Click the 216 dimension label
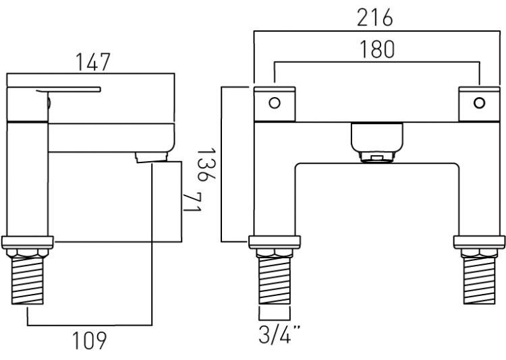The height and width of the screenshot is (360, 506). [x=375, y=18]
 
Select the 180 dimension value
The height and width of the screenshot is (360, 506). [x=376, y=49]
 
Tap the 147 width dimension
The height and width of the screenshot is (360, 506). [x=93, y=62]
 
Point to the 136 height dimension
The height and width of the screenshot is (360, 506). [x=206, y=164]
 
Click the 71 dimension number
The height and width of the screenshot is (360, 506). [x=192, y=202]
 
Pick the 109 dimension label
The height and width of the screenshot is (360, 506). [x=89, y=340]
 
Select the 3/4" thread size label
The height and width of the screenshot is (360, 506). [x=279, y=334]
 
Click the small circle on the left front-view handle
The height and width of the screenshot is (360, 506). [x=275, y=103]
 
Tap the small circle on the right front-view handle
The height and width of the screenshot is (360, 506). [x=479, y=103]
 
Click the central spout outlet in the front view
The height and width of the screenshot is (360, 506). [x=377, y=142]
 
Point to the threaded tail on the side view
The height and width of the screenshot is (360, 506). [x=28, y=280]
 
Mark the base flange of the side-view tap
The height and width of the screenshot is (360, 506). [x=28, y=242]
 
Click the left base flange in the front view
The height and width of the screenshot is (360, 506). [x=275, y=242]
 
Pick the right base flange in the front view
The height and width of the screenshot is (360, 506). [x=479, y=242]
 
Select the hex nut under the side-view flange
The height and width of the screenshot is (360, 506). [x=28, y=253]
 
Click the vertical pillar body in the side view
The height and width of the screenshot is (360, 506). [x=28, y=179]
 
